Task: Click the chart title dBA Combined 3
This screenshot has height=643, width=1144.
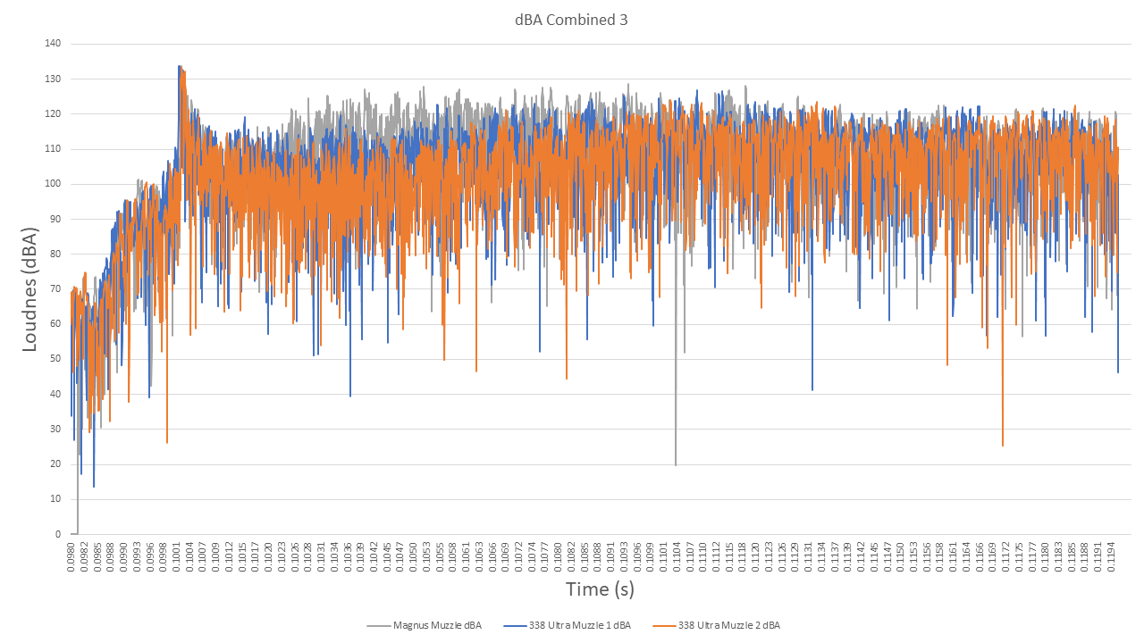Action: [572, 20]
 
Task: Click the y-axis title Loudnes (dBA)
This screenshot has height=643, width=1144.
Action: [29, 288]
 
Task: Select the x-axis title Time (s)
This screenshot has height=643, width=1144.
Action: [600, 589]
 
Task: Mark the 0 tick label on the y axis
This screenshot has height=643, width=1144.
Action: [57, 534]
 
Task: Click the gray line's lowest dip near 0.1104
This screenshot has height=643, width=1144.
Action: [676, 464]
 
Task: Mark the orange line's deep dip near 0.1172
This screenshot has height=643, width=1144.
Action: [1003, 445]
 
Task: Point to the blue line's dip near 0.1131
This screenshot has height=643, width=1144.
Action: [812, 389]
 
